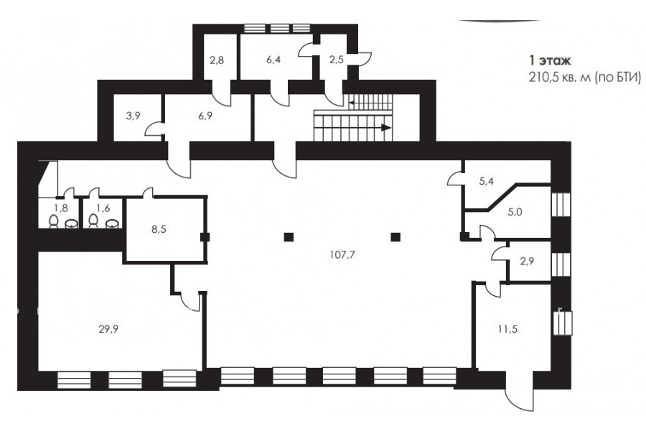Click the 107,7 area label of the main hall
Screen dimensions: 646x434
[x=342, y=254]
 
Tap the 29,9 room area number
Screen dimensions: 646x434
[x=108, y=329]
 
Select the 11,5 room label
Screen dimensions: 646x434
[x=507, y=329]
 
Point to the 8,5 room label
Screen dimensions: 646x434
[x=159, y=229]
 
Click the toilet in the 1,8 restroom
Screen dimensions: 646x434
[x=54, y=221]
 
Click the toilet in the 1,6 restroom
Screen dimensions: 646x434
[x=93, y=221]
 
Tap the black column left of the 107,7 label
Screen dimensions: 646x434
[x=289, y=237]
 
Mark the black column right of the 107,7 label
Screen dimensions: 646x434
[x=395, y=237]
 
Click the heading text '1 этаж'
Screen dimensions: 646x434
[x=550, y=61]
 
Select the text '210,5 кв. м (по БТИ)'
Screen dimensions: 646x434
[x=585, y=77]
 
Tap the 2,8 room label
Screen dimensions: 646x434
[x=217, y=60]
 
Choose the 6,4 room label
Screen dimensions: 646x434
[x=273, y=60]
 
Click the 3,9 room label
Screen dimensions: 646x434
[x=133, y=116]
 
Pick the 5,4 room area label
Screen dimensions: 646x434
[x=486, y=181]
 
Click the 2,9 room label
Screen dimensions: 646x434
[x=527, y=260]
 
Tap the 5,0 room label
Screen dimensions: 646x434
[x=515, y=212]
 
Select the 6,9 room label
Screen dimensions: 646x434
[x=205, y=116]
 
